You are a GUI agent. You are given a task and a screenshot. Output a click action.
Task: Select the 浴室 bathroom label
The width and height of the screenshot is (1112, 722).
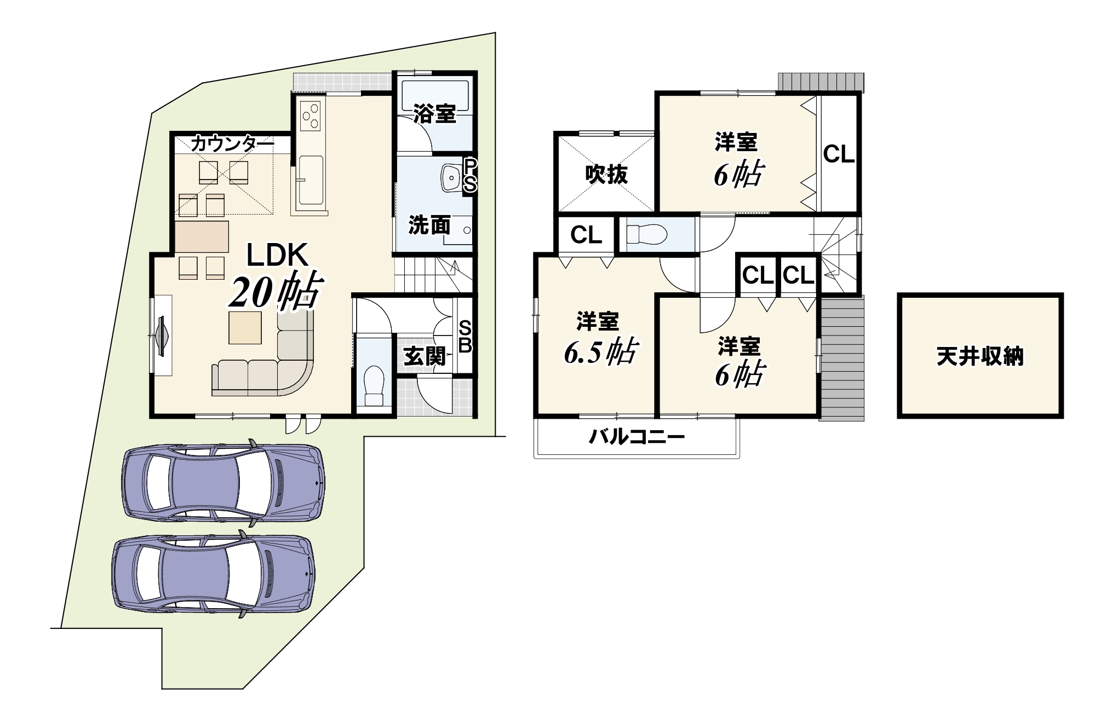tap(434, 114)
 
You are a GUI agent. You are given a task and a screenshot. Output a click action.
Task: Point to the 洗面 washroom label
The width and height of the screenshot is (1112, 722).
tap(429, 225)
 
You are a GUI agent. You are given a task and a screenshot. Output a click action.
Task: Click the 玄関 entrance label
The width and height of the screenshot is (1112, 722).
tap(425, 357)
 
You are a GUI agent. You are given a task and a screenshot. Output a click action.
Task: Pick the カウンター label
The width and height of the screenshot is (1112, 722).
tap(232, 145)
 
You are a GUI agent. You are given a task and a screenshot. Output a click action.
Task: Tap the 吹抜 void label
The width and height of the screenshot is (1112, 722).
tap(606, 175)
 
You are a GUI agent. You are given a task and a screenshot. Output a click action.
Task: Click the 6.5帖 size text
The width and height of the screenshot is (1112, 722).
tap(600, 351)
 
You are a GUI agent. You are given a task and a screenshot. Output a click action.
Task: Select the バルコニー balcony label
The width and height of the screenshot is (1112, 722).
tap(637, 437)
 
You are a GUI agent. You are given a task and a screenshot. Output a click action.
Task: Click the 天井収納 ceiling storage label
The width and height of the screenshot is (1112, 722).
tap(979, 357)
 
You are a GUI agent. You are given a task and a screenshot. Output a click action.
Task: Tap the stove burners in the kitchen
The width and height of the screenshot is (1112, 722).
tap(310, 115)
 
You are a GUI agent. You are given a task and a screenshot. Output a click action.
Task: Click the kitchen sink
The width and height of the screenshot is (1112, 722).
tap(311, 180)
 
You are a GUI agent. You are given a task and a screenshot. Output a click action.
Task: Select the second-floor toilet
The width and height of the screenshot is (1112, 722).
tap(647, 234)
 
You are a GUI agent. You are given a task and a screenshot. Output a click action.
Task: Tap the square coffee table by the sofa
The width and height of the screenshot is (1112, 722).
tap(245, 328)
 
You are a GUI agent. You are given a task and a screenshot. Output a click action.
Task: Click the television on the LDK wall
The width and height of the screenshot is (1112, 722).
tap(162, 336)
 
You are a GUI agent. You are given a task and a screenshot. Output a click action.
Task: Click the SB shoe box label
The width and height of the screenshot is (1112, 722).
tap(465, 337)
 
